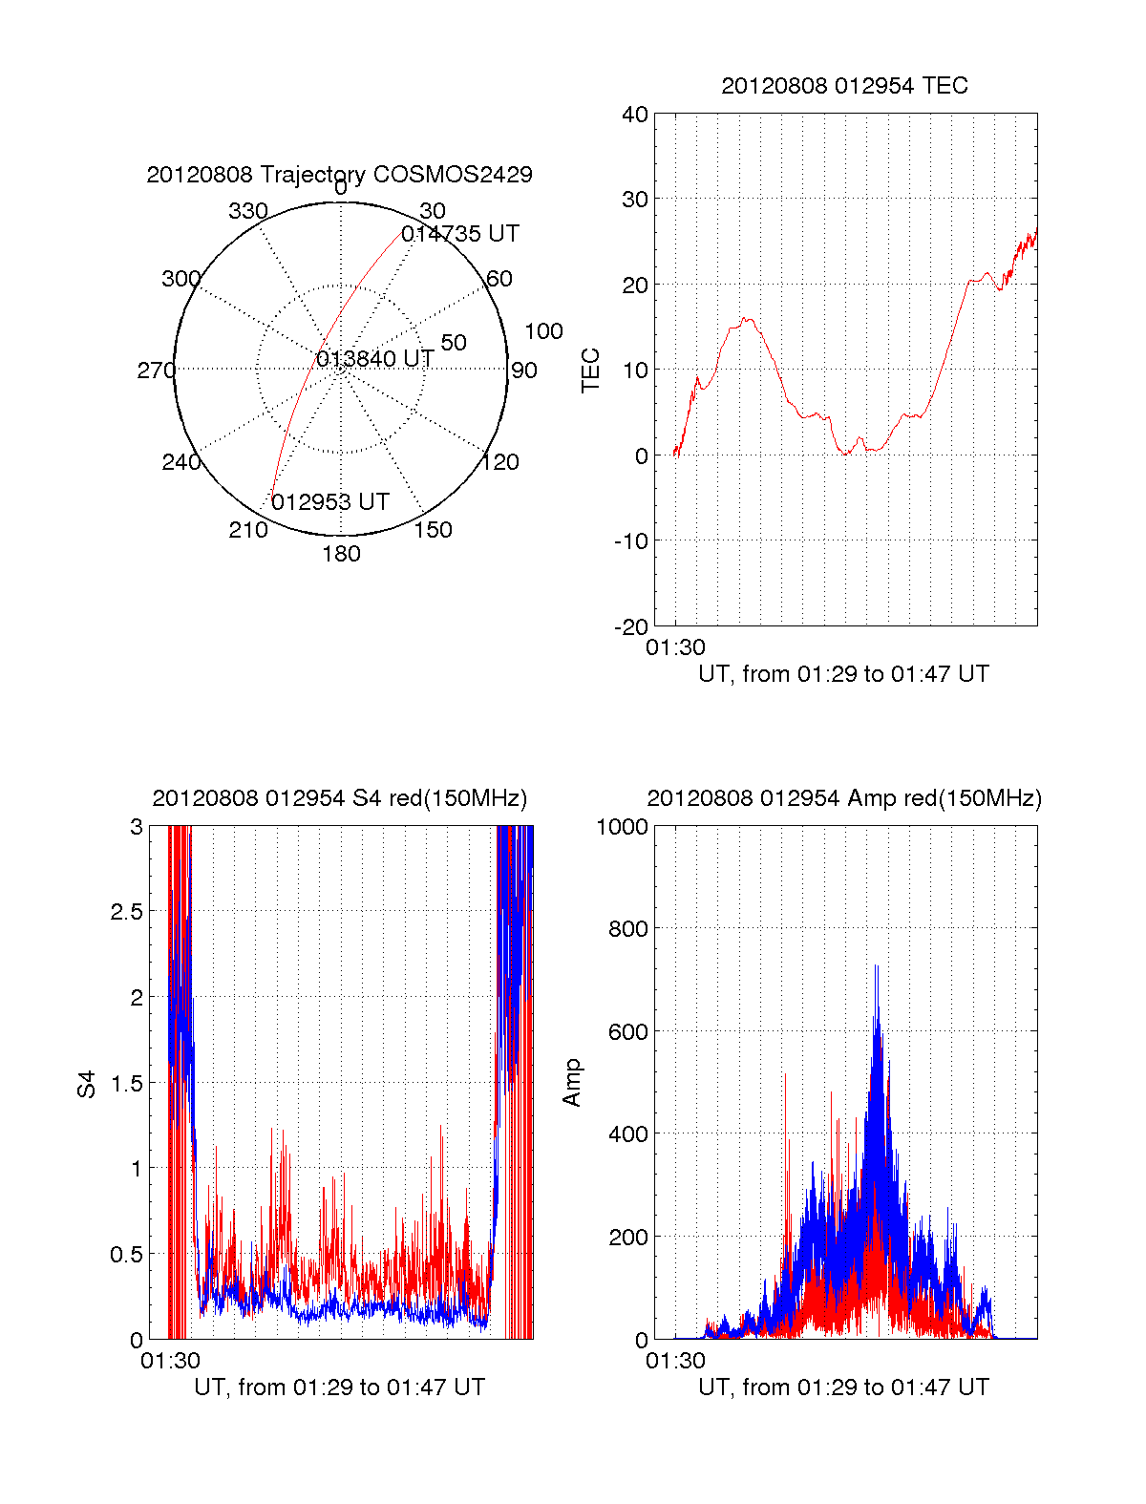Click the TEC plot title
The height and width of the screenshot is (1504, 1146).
pyautogui.click(x=844, y=86)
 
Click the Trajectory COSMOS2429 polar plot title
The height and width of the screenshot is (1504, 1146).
pyautogui.click(x=339, y=175)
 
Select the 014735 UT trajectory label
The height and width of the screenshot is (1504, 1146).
pyautogui.click(x=459, y=234)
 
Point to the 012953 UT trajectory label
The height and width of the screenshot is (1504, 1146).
pyautogui.click(x=330, y=502)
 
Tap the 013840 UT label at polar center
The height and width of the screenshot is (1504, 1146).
pyautogui.click(x=375, y=359)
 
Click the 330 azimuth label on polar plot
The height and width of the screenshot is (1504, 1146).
pyautogui.click(x=248, y=211)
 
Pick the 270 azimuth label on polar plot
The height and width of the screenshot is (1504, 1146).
pyautogui.click(x=156, y=371)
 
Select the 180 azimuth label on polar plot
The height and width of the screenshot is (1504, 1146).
pyautogui.click(x=341, y=554)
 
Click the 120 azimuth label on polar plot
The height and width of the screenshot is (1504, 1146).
pyautogui.click(x=500, y=463)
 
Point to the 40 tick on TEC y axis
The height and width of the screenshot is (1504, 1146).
pyautogui.click(x=635, y=115)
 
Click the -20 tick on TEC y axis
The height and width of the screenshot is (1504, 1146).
pyautogui.click(x=631, y=626)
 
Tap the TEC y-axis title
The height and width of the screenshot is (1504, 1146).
pyautogui.click(x=591, y=371)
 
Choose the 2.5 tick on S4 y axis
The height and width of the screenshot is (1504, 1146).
pyautogui.click(x=126, y=912)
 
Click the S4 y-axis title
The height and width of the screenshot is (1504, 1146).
pyautogui.click(x=87, y=1084)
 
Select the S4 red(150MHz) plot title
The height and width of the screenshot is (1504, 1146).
pyautogui.click(x=339, y=798)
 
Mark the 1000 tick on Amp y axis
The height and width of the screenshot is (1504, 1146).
pyautogui.click(x=622, y=827)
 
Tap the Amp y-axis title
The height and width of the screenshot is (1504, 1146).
pyautogui.click(x=572, y=1083)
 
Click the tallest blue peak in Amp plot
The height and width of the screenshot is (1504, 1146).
pyautogui.click(x=876, y=966)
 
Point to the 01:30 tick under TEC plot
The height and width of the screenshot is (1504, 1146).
pyautogui.click(x=675, y=647)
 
